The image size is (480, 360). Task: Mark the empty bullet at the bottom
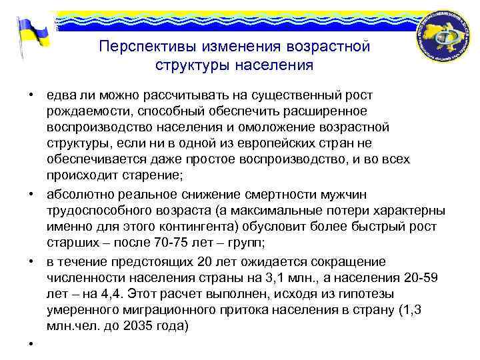pyautogui.click(x=31, y=344)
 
